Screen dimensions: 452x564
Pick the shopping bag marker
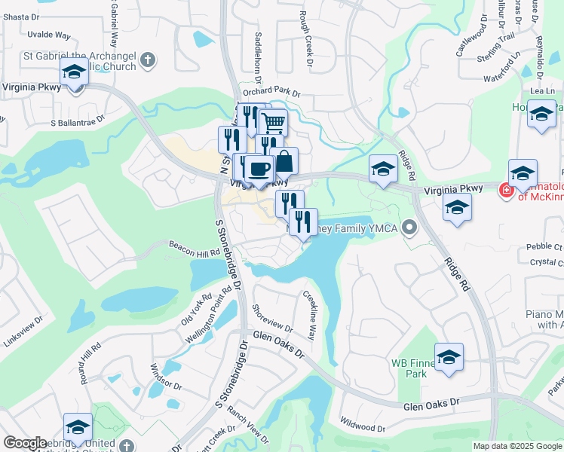(x=284, y=160)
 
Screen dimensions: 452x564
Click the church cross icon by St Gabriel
(x=149, y=59)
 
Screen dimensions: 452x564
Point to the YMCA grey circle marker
(x=409, y=226)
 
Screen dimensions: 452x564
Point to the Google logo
(x=25, y=443)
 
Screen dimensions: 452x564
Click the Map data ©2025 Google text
(x=516, y=446)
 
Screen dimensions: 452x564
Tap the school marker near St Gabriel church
(x=75, y=72)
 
